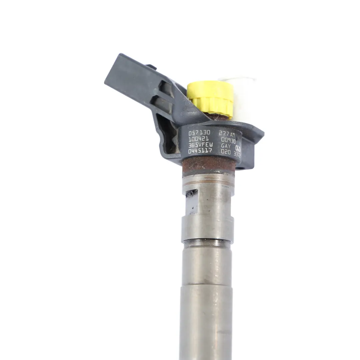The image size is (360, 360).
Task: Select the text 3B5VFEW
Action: (x=200, y=145)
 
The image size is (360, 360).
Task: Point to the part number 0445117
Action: (x=200, y=151)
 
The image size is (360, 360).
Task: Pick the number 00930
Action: (x=228, y=140)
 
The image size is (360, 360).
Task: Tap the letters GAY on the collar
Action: (x=226, y=146)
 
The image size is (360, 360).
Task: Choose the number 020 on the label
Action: (x=226, y=152)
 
